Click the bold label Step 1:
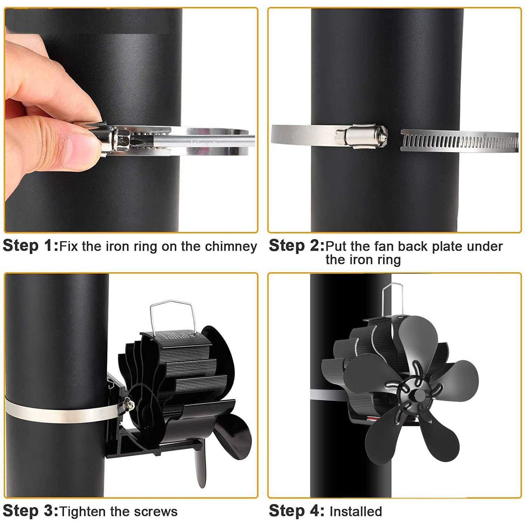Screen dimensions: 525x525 (30, 246)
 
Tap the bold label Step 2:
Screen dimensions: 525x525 (296, 246)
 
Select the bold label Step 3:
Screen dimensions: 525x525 (30, 511)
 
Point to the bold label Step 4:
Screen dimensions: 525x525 (296, 511)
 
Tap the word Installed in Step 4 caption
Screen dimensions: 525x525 (356, 512)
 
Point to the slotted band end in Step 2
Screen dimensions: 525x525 (458, 141)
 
